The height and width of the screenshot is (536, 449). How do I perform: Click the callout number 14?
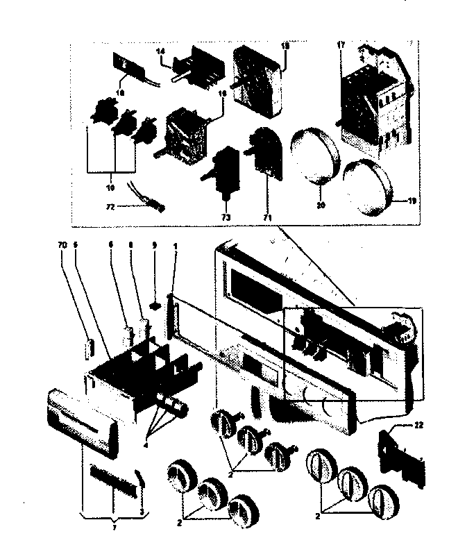click(x=161, y=51)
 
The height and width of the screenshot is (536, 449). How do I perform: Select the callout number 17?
click(x=341, y=45)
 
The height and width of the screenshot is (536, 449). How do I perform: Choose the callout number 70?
click(x=62, y=244)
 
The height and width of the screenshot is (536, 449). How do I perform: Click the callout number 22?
click(x=419, y=424)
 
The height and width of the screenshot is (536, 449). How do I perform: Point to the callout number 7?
click(x=112, y=527)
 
